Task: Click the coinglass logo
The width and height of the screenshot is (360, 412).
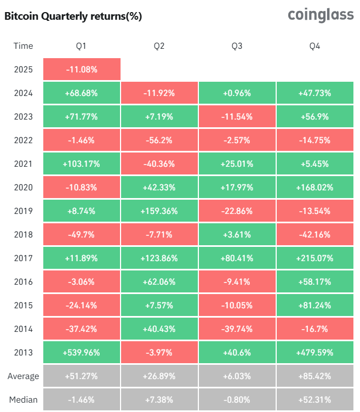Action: (x=321, y=15)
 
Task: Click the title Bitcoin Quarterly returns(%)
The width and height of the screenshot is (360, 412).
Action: (x=73, y=16)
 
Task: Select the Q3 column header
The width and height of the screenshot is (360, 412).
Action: (x=237, y=46)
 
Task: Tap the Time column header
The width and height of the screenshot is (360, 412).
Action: (x=24, y=46)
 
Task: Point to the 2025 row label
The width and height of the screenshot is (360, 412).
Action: (x=24, y=69)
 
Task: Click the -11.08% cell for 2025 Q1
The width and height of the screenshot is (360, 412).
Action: (x=82, y=69)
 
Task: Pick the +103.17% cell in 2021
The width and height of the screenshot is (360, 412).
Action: (x=82, y=163)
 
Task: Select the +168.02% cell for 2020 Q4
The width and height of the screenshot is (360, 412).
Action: (x=315, y=187)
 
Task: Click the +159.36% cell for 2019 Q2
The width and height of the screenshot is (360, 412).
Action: (x=159, y=211)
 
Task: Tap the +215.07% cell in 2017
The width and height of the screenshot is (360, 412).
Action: (x=315, y=258)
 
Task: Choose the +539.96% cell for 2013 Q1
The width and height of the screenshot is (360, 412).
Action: (x=82, y=352)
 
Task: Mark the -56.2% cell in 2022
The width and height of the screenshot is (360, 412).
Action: (x=159, y=140)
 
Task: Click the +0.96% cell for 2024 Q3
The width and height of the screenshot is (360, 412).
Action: (x=237, y=93)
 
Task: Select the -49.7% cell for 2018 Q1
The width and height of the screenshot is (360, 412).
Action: (x=82, y=234)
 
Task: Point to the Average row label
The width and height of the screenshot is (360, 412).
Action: (x=24, y=376)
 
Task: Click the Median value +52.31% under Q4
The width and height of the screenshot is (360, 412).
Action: (x=315, y=399)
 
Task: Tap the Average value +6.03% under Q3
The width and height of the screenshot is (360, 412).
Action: (x=237, y=376)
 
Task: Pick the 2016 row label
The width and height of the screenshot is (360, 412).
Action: (x=24, y=281)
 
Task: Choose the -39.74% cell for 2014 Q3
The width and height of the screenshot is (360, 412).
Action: (x=237, y=329)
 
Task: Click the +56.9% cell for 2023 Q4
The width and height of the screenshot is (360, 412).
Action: (x=315, y=117)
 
